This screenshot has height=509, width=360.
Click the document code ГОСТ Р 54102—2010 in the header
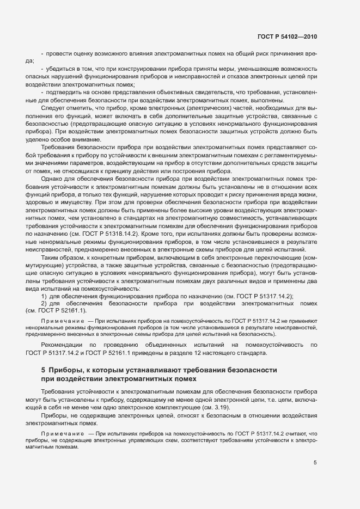[x=286, y=36]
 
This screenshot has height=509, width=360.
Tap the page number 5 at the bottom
[x=315, y=463]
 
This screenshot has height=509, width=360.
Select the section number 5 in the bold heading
[x=44, y=370]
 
